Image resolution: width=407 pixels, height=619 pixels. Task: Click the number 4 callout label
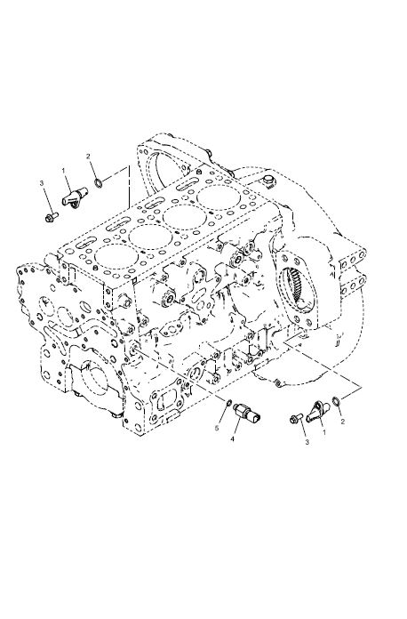click(232, 438)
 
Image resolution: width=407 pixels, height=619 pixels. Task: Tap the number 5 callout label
click(216, 429)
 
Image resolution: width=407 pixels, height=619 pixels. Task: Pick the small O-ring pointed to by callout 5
click(228, 403)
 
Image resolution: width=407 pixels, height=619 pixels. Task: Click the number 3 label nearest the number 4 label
click(307, 442)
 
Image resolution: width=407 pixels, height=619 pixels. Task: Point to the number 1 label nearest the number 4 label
click(324, 432)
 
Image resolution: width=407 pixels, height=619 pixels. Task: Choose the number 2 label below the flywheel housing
click(343, 422)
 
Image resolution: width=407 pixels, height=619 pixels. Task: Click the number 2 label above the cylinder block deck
click(88, 157)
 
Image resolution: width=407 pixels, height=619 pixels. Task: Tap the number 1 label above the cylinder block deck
click(63, 170)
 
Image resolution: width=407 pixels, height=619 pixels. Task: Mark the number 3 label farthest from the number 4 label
click(42, 182)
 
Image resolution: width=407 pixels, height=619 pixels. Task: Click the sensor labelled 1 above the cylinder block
click(75, 197)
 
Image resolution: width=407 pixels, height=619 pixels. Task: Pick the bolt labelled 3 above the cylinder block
click(52, 216)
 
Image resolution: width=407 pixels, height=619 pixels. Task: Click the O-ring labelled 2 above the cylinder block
click(99, 183)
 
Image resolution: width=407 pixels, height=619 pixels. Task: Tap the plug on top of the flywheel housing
click(269, 182)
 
